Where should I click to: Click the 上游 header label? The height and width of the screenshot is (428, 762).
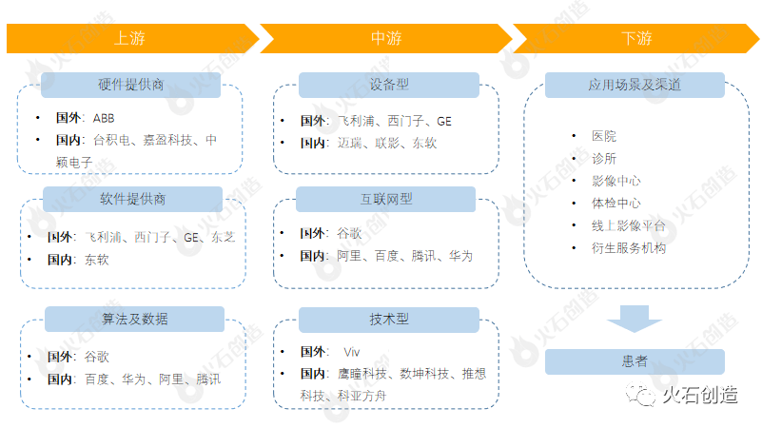[129, 39]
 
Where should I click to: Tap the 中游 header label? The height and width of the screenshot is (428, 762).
[385, 39]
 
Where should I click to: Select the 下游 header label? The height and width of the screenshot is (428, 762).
[636, 39]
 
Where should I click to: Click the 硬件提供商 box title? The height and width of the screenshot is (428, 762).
[131, 85]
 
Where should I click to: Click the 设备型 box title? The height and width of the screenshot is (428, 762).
[388, 85]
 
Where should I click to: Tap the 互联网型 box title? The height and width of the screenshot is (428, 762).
[385, 199]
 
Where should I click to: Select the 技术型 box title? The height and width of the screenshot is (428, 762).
[388, 319]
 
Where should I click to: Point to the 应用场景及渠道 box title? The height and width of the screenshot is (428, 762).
[635, 85]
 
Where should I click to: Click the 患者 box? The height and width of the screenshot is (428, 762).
[635, 361]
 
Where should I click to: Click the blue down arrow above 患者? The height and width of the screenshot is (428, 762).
[635, 319]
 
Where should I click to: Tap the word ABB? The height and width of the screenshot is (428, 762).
[103, 118]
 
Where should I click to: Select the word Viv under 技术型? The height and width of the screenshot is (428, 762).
[351, 351]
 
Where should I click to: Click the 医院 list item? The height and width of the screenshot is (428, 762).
[604, 137]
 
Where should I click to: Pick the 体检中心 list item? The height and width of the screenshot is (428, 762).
[615, 204]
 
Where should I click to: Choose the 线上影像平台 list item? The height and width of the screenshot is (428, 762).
[628, 225]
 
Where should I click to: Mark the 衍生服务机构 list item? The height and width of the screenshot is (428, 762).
[628, 248]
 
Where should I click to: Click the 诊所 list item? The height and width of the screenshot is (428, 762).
[604, 159]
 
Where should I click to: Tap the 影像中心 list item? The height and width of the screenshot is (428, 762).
[615, 181]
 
